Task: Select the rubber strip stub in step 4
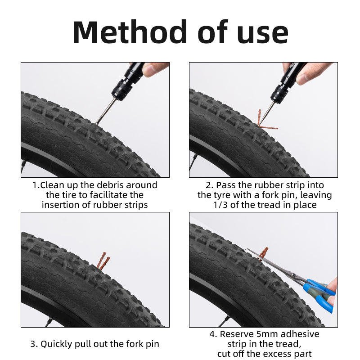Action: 263,252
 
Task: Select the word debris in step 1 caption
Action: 111,185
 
